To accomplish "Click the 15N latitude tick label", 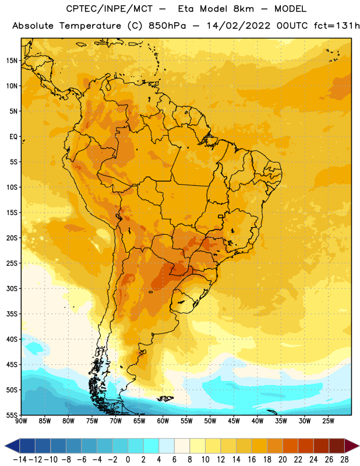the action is pyautogui.click(x=12, y=61).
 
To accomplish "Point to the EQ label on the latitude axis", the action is pyautogui.click(x=13, y=137).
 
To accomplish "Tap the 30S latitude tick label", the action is pyautogui.click(x=12, y=288).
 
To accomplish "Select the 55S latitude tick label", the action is pyautogui.click(x=12, y=415).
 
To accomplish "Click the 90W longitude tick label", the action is pyautogui.click(x=21, y=421).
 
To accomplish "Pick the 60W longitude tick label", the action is pyautogui.click(x=163, y=421).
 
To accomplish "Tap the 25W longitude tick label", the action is pyautogui.click(x=328, y=421).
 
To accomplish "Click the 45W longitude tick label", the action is pyautogui.click(x=234, y=421).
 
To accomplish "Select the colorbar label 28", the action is pyautogui.click(x=344, y=460).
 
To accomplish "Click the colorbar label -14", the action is pyautogui.click(x=20, y=460).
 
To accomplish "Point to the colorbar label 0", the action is pyautogui.click(x=128, y=460).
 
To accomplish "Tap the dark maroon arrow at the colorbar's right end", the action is pyautogui.click(x=351, y=446).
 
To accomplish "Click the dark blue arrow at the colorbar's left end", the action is pyautogui.click(x=12, y=446).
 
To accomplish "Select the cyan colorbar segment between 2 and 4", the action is pyautogui.click(x=151, y=446).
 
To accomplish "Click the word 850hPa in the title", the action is pyautogui.click(x=167, y=26).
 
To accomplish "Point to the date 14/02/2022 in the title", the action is pyautogui.click(x=238, y=26).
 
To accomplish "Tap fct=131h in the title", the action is pyautogui.click(x=337, y=26).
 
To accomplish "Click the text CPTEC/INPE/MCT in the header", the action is pyautogui.click(x=109, y=9).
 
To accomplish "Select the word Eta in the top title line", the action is pyautogui.click(x=186, y=9).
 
